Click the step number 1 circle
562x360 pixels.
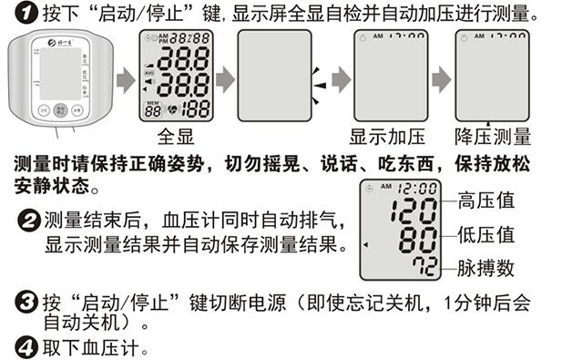pyautogui.click(x=26, y=14)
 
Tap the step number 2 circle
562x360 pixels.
pyautogui.click(x=29, y=221)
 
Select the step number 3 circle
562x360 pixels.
pyautogui.click(x=26, y=303)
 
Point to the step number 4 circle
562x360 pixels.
pyautogui.click(x=26, y=347)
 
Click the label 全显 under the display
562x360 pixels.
pyautogui.click(x=176, y=137)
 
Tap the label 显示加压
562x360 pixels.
pyautogui.click(x=387, y=137)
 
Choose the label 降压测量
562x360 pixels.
pyautogui.click(x=493, y=137)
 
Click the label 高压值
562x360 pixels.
pyautogui.click(x=486, y=201)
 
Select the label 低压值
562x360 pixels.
pyautogui.click(x=486, y=235)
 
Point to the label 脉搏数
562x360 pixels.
pyautogui.click(x=486, y=268)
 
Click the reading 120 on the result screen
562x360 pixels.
pyautogui.click(x=414, y=211)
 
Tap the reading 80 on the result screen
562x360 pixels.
pyautogui.click(x=418, y=240)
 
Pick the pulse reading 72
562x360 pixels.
pyautogui.click(x=424, y=266)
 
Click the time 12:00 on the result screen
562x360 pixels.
pyautogui.click(x=417, y=189)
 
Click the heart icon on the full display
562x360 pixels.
pyautogui.click(x=172, y=109)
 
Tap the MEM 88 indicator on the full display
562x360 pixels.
pyautogui.click(x=153, y=109)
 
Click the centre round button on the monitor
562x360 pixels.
pyautogui.click(x=60, y=110)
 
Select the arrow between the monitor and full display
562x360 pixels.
pyautogui.click(x=127, y=79)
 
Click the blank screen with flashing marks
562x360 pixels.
pyautogui.click(x=274, y=76)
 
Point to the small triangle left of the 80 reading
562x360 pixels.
pyautogui.click(x=365, y=245)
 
